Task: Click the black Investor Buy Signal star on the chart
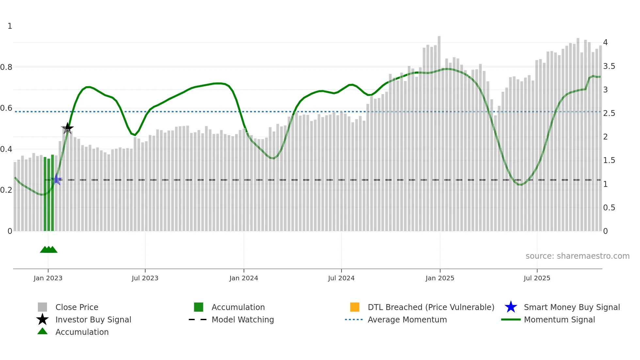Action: click(68, 128)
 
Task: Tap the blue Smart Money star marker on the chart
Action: click(57, 179)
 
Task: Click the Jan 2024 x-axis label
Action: click(244, 278)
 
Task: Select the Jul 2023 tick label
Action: click(145, 278)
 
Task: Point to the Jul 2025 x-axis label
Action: click(537, 278)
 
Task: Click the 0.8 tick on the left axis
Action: click(6, 67)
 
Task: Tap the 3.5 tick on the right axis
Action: click(609, 66)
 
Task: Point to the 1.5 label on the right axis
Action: click(609, 160)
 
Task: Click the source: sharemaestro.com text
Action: click(577, 256)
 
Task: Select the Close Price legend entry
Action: click(77, 307)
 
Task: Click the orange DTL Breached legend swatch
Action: click(355, 307)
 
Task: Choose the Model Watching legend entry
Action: click(243, 319)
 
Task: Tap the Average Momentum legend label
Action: click(407, 319)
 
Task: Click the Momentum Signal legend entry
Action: click(559, 319)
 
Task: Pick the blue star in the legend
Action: click(511, 307)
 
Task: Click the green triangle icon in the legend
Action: click(42, 331)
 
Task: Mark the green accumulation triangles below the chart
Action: click(49, 250)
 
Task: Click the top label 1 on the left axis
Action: click(10, 26)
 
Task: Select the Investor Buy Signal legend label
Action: click(93, 319)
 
